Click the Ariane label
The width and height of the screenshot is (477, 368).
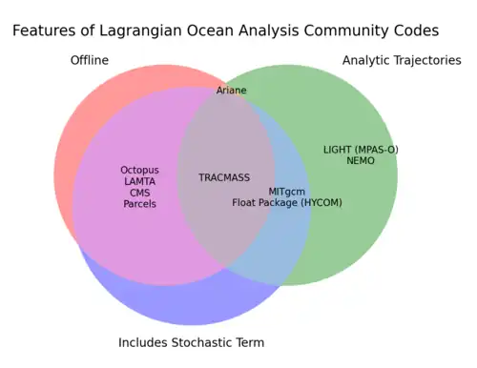pos(231,91)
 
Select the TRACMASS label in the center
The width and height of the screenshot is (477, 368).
pos(224,177)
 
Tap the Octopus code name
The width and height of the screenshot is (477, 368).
pos(139,171)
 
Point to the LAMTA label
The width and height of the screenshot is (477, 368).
pos(139,181)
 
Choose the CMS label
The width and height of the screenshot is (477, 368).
pos(139,193)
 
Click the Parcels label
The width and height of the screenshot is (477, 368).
pos(139,204)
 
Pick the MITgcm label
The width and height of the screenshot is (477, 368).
pos(287,192)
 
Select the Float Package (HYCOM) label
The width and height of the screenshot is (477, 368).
pos(287,203)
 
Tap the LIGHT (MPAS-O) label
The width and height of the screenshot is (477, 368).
pos(361,150)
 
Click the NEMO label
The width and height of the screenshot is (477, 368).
pos(361,160)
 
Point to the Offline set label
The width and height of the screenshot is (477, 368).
pos(90,60)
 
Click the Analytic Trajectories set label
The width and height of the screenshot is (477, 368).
pos(402,60)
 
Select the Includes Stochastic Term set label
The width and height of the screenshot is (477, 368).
pos(191,342)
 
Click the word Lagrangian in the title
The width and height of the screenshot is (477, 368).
pos(140,31)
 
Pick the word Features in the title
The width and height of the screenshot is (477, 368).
pos(44,31)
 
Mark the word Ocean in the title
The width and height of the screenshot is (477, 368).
pos(210,31)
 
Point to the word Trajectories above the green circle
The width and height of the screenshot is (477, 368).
pos(427,60)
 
